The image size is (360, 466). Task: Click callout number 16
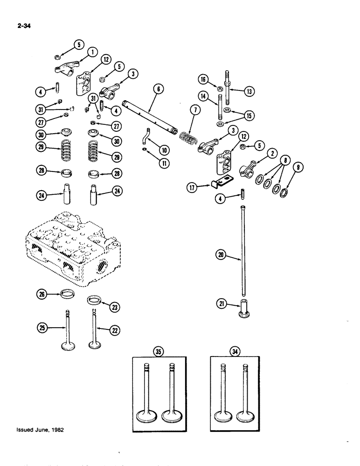pos(203,80)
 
